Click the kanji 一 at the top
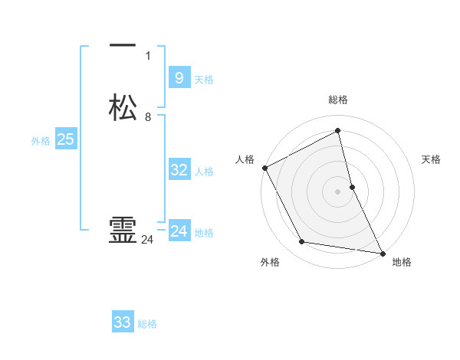pos(123,47)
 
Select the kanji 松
pos(123,108)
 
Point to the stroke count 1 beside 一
pos(148,55)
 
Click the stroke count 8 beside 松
pos(148,117)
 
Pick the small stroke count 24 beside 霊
pos(148,240)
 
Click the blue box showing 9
pos(179,78)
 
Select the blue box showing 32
pos(179,170)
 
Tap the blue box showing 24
pos(179,231)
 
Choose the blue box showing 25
pos(65,139)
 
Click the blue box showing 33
pos(123,322)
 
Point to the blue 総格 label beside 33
pos(147,324)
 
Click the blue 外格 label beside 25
pos(41,141)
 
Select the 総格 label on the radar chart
pos(338,100)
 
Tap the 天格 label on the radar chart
pos(432,159)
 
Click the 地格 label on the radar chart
pos(402,262)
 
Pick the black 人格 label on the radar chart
pos(245,159)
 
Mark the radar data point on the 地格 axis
pos(382,253)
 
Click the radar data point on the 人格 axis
pos(264,168)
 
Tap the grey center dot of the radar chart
pos(338,191)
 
